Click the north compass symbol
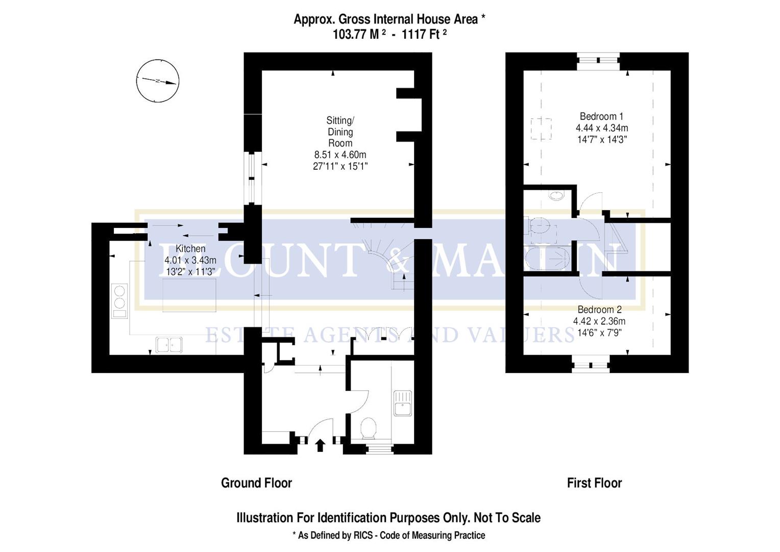pos(158,81)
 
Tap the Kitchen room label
pos(190,249)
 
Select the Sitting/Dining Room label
pos(340,132)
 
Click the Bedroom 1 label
pos(601,117)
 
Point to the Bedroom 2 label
pos(599,310)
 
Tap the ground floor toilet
pos(368,428)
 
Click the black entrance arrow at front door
pos(320,445)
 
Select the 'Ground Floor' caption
pos(256,483)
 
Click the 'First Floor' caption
pos(594,483)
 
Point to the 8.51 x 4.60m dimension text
pos(340,155)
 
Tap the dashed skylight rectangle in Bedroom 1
pos(541,128)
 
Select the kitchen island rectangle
pos(189,295)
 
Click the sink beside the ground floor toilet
pos(403,403)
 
